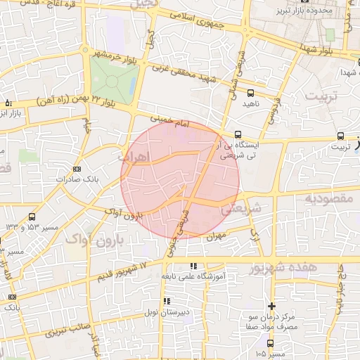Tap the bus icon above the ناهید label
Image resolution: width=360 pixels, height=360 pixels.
coord(251,93)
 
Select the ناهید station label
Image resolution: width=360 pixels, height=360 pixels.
coord(251,104)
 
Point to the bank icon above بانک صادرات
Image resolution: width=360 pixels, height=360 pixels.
coord(77,169)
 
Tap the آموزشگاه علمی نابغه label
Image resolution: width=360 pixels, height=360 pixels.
coord(193,276)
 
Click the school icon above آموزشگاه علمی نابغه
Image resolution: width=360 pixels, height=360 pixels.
coord(193,266)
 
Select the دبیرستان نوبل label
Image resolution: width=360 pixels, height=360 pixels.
coord(166,311)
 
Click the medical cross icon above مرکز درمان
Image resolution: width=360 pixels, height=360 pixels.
coord(271,306)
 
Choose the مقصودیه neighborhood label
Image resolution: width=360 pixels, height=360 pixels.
coord(330,199)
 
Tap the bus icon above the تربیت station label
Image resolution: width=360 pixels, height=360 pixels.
coord(341,136)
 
